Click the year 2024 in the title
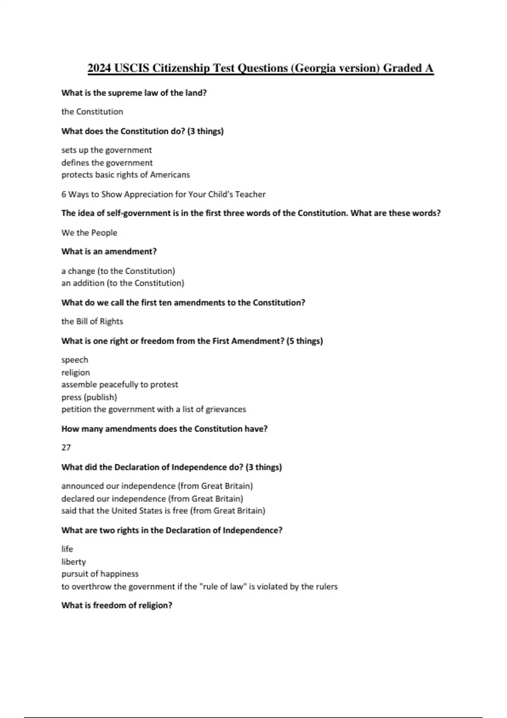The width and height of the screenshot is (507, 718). tap(100, 68)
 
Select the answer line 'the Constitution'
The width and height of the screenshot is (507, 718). tap(92, 112)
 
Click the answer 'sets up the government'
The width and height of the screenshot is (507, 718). tap(106, 150)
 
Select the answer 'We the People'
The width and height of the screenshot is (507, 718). tap(89, 233)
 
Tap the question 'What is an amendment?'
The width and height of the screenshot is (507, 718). tap(109, 252)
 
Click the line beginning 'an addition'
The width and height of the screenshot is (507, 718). tap(123, 283)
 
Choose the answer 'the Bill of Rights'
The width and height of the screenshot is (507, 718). tap(92, 321)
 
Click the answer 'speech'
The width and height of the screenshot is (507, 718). tap(75, 360)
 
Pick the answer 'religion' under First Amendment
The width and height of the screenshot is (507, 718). tap(76, 373)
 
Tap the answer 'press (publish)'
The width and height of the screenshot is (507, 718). tap(89, 397)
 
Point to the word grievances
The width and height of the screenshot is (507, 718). tap(226, 410)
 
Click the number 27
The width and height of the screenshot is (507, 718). tap(66, 448)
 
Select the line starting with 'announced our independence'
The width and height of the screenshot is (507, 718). tap(157, 486)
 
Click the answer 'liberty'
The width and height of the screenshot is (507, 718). tap(74, 562)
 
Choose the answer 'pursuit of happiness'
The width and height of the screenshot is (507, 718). tap(100, 574)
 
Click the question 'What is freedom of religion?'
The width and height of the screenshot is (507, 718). tap(117, 606)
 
